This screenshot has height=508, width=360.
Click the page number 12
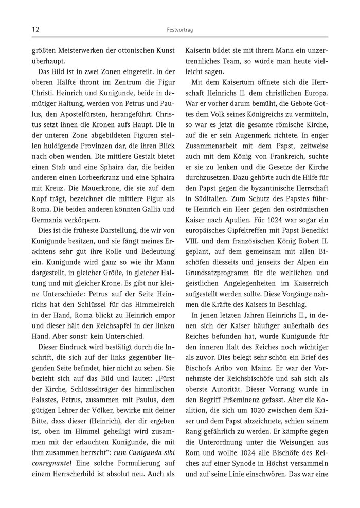point(35,30)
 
